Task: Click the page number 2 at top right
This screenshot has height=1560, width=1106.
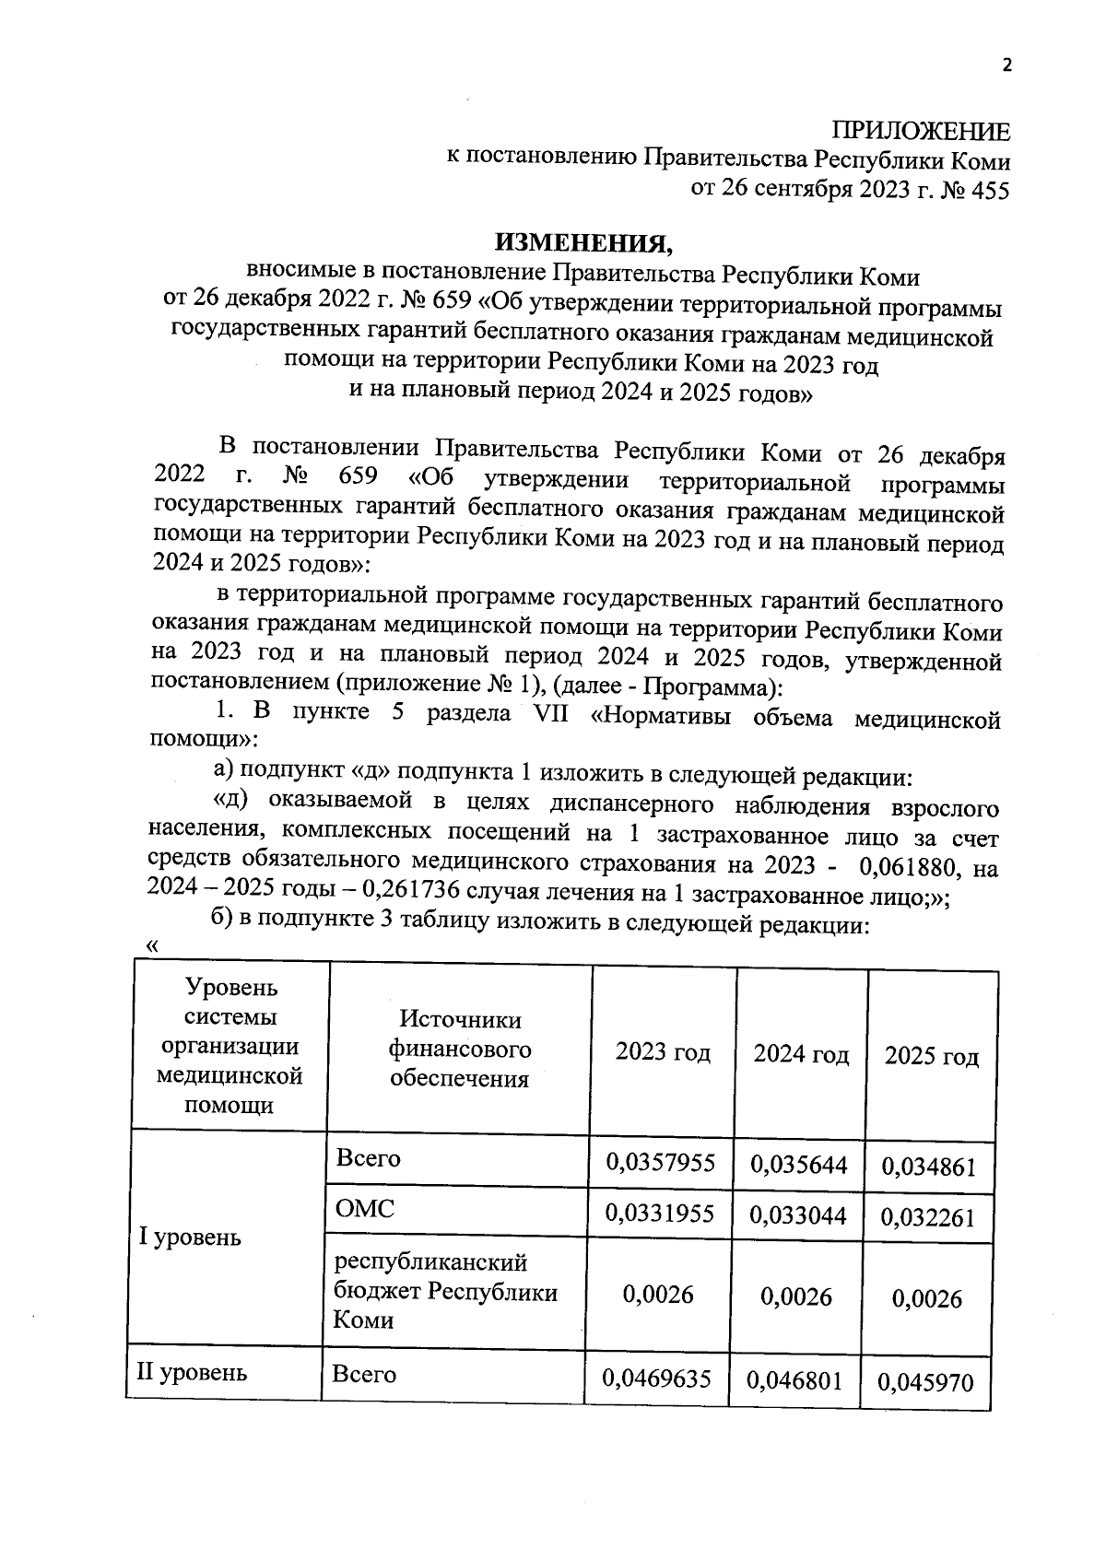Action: tap(1006, 65)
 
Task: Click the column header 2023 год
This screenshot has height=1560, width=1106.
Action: tap(663, 1051)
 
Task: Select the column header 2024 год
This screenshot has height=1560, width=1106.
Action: tap(800, 1053)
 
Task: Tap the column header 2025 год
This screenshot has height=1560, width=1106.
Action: tap(931, 1056)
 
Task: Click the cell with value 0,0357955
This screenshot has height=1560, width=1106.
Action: tap(660, 1162)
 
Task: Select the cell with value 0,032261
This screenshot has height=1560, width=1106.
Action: tap(928, 1218)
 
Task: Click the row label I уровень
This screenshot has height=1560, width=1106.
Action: tap(190, 1237)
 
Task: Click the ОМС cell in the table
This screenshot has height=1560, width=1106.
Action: tap(364, 1209)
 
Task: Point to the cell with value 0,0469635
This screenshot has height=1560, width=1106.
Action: tap(657, 1378)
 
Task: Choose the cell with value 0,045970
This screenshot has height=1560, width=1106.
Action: tap(925, 1382)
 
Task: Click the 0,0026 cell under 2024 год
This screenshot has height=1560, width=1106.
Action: tap(796, 1296)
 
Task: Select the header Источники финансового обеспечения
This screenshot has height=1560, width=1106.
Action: tap(459, 1049)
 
